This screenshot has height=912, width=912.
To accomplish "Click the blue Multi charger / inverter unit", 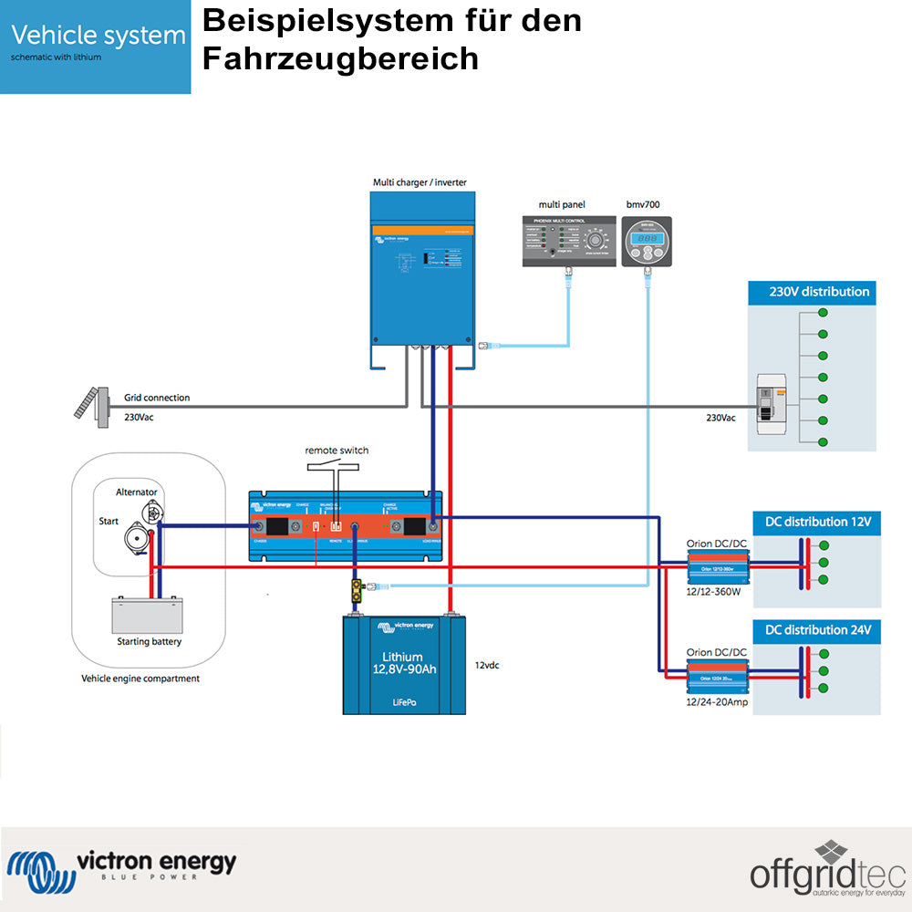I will coord(422,274).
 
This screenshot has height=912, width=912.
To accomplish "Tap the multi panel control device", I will coord(567,242).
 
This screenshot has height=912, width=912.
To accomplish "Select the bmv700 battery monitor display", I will coord(647,242).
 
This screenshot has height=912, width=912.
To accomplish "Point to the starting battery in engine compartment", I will coord(147,616).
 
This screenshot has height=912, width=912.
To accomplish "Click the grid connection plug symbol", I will coord(88,404).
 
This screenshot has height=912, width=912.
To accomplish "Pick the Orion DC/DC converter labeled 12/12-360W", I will coord(717,569).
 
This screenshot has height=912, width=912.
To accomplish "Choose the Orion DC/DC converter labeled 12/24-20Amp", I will coord(717,677).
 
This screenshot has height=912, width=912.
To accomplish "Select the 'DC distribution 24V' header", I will coord(817,630).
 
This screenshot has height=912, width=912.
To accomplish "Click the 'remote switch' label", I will coord(337,451).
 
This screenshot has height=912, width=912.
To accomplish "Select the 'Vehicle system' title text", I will coord(98,36).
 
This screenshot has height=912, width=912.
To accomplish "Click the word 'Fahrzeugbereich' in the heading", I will coord(340,57).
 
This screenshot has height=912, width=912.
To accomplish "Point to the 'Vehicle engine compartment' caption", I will coord(140,679).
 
